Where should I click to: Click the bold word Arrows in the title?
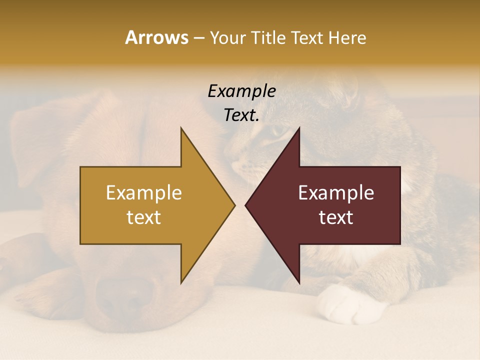coord(156,37)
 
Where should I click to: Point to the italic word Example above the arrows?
coord(241,91)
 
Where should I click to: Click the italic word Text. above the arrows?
coord(241,115)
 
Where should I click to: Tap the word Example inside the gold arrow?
coord(144,192)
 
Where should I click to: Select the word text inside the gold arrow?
coord(144,217)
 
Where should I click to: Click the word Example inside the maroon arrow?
coord(336,192)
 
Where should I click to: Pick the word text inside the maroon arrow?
coord(336,217)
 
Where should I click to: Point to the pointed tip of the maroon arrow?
coord(246,205)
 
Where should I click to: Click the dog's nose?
coord(125,290)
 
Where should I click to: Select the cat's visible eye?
coord(276,131)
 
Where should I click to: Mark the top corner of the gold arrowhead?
coord(181,128)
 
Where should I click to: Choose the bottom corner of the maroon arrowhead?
coord(299,282)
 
